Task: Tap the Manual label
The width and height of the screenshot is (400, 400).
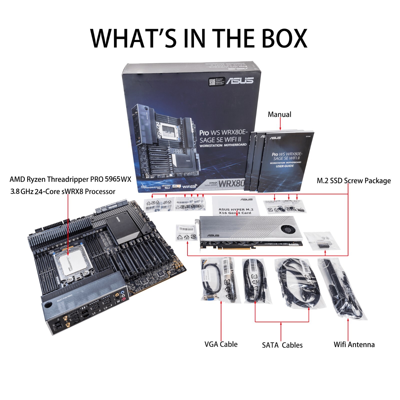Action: coord(279,114)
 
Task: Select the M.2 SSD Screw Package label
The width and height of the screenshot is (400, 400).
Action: coord(353,181)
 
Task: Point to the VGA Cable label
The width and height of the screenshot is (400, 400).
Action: coord(221,344)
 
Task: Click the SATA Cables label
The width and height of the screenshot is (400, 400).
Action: coord(282,345)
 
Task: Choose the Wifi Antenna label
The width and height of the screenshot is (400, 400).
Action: coord(354,344)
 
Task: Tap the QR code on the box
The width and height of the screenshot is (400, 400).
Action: coord(212,82)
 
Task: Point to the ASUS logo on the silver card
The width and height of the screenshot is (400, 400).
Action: coord(213,235)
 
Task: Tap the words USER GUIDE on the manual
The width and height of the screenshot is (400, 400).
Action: coord(284,166)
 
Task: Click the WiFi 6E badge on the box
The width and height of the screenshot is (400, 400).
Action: coord(189,186)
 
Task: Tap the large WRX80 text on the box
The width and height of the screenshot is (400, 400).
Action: coord(231,183)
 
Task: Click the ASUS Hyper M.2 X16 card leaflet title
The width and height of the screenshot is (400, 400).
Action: coord(235,211)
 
